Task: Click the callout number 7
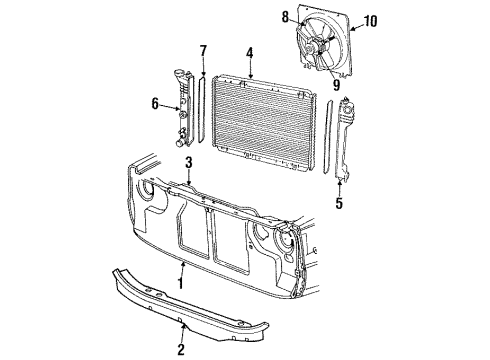[203, 50]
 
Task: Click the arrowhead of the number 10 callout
[354, 23]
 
